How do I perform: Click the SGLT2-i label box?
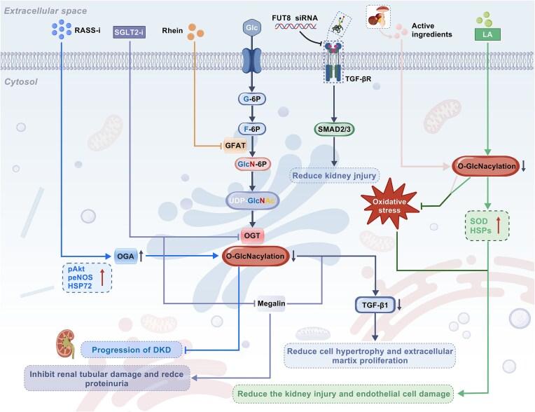pos(130,34)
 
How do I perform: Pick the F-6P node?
pos(251,130)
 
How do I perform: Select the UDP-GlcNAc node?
pos(251,201)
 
